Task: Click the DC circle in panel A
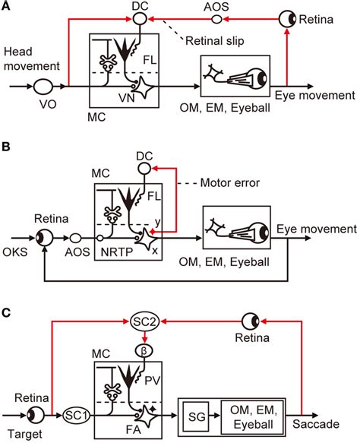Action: point(141,17)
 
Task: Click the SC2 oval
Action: point(141,323)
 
